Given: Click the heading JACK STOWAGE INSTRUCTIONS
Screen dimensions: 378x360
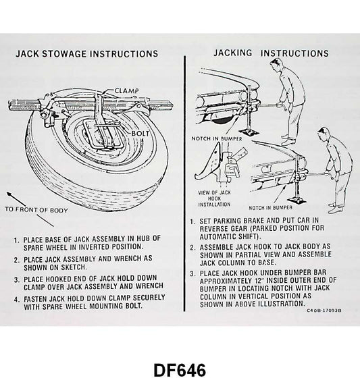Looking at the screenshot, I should coord(86,53).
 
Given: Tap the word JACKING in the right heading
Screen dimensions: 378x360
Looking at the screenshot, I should coord(234,53).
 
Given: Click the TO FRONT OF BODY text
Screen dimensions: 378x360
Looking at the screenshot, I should coord(38,210).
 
